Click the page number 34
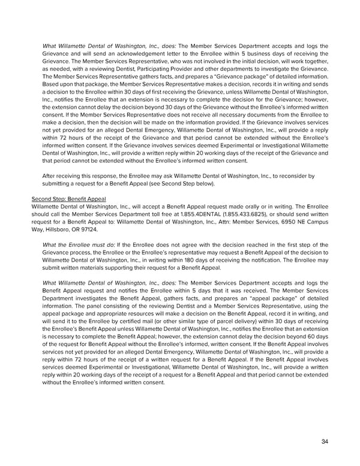coord(325,441)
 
